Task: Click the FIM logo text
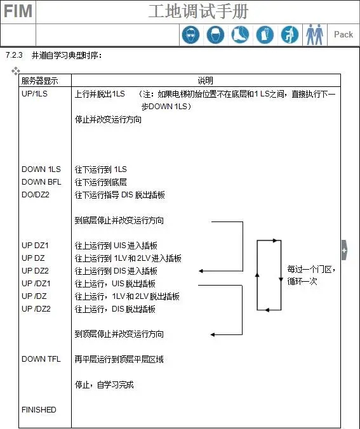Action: (x=18, y=11)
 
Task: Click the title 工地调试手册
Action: (x=198, y=11)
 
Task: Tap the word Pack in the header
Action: (x=343, y=34)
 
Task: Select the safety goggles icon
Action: (x=191, y=35)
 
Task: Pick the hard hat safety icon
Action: (x=215, y=35)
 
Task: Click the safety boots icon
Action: (x=240, y=35)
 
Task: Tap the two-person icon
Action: (x=314, y=34)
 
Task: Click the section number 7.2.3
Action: (x=14, y=55)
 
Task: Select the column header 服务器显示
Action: (x=40, y=81)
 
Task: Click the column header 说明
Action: (x=206, y=81)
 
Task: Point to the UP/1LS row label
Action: (x=34, y=93)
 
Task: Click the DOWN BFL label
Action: (x=41, y=182)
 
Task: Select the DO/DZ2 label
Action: (x=36, y=195)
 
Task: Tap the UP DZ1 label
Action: (x=35, y=246)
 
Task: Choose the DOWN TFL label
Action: (x=41, y=359)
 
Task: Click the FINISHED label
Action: (x=39, y=409)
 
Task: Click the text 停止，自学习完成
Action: (x=104, y=385)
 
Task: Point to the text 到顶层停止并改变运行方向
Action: (x=119, y=334)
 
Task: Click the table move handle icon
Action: (x=16, y=71)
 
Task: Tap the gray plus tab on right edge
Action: (x=344, y=250)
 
